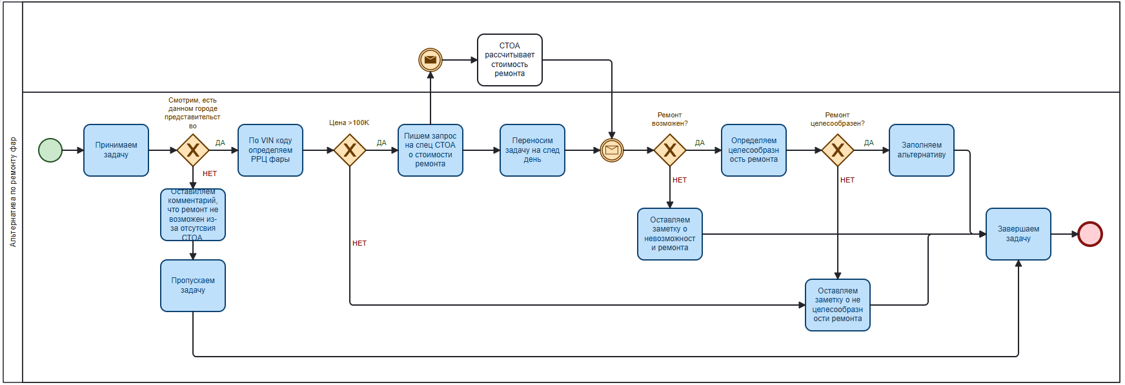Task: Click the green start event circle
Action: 50,150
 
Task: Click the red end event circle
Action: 1090,234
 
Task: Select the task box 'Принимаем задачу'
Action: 116,150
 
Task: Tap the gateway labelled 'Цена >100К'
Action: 350,150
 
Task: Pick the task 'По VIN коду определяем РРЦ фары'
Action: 270,150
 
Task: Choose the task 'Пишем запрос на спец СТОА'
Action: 431,150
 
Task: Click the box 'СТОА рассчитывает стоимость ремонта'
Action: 510,60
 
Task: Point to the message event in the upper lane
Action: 431,60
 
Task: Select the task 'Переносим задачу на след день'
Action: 532,150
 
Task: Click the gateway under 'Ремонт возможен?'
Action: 670,150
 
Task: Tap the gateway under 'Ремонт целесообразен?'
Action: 838,150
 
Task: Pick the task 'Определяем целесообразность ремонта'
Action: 754,150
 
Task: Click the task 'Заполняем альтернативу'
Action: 922,150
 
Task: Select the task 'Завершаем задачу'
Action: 1019,234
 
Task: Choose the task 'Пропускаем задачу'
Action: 193,286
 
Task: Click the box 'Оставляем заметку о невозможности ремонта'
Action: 670,234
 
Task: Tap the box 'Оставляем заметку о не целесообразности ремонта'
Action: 838,305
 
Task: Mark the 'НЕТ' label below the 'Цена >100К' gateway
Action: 360,243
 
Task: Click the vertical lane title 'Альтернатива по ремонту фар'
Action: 13,192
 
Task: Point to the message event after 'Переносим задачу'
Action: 612,150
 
